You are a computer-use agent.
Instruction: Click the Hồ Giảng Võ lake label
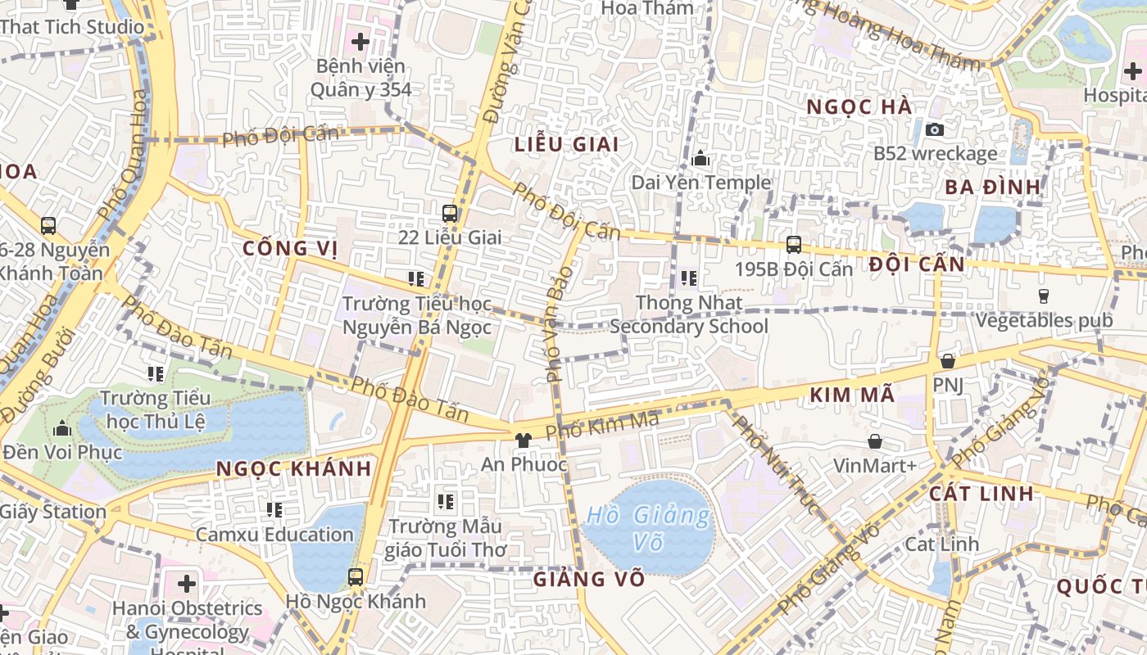pyautogui.click(x=648, y=528)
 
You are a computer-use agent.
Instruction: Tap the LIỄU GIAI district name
pyautogui.click(x=566, y=145)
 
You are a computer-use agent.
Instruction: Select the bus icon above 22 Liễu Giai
pyautogui.click(x=450, y=214)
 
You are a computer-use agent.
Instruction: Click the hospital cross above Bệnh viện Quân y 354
pyautogui.click(x=360, y=41)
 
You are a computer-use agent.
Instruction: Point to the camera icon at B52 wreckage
pyautogui.click(x=934, y=129)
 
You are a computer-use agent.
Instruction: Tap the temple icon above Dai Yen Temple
pyautogui.click(x=700, y=158)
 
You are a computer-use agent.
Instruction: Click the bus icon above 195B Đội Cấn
pyautogui.click(x=793, y=244)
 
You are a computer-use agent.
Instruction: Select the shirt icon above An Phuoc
pyautogui.click(x=523, y=440)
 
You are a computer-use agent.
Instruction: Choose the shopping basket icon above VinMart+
pyautogui.click(x=875, y=441)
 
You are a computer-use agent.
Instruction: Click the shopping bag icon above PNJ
pyautogui.click(x=948, y=361)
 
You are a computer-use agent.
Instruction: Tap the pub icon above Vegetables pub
pyautogui.click(x=1044, y=296)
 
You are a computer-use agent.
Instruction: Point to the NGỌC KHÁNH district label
pyautogui.click(x=294, y=469)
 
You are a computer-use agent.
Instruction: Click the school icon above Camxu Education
pyautogui.click(x=274, y=510)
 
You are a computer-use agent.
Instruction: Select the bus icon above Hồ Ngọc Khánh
pyautogui.click(x=355, y=576)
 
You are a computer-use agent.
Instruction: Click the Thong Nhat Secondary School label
pyautogui.click(x=689, y=314)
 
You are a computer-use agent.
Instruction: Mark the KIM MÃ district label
pyautogui.click(x=852, y=395)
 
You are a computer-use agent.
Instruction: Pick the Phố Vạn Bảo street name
pyautogui.click(x=558, y=323)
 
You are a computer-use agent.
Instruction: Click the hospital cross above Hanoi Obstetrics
pyautogui.click(x=187, y=584)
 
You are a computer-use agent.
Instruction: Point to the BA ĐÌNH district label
pyautogui.click(x=992, y=187)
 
